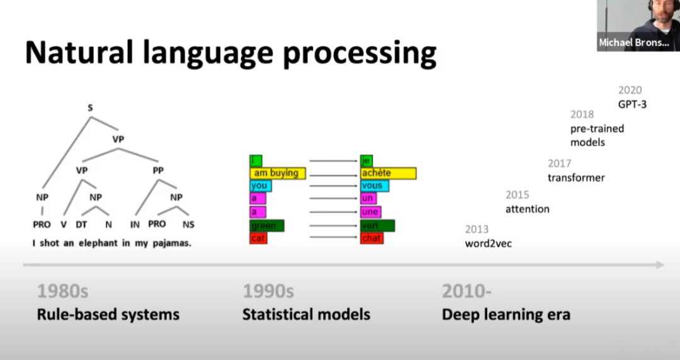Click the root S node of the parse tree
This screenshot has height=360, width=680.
click(x=90, y=108)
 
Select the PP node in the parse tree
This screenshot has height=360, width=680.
click(x=158, y=171)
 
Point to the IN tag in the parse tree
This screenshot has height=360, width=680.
click(x=135, y=225)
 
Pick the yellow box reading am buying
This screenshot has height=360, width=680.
click(x=278, y=173)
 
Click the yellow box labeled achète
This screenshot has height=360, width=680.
click(x=388, y=173)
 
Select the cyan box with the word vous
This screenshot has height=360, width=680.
click(x=374, y=186)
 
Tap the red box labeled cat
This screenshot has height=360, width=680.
click(x=258, y=238)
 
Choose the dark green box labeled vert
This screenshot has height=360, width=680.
click(x=377, y=225)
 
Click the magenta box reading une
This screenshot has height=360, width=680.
click(x=370, y=212)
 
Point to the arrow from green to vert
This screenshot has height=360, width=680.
click(x=333, y=225)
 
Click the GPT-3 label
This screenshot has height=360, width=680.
click(x=632, y=104)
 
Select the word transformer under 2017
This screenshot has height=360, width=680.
click(x=576, y=178)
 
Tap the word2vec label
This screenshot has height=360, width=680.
click(x=489, y=244)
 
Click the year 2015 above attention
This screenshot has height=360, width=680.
click(x=518, y=194)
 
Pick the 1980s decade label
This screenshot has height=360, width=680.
click(x=63, y=291)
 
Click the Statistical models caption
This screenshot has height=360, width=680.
click(x=306, y=315)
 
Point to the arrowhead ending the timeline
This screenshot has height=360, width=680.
click(x=660, y=264)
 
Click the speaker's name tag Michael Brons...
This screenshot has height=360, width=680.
click(x=634, y=43)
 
